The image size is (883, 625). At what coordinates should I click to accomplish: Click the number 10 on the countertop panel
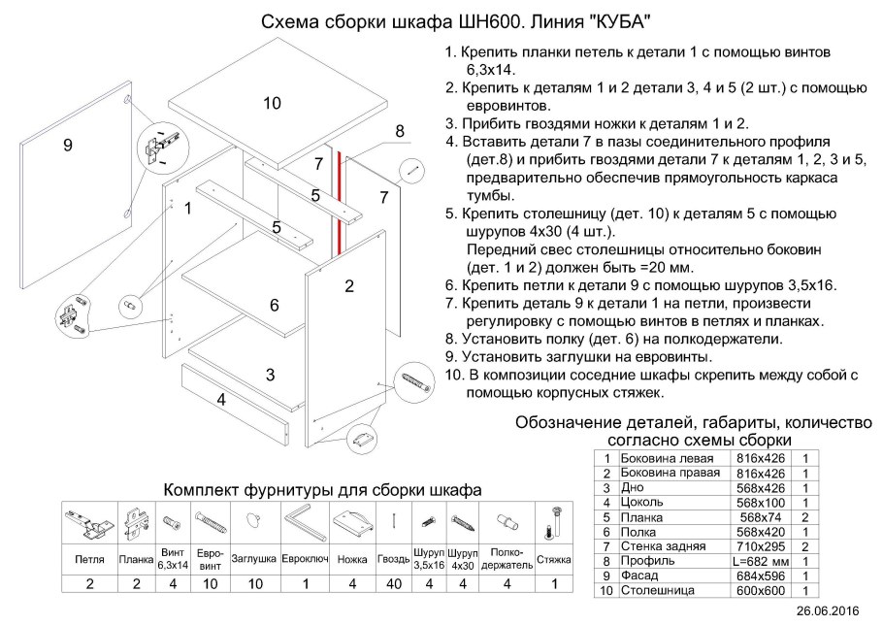[x=272, y=103]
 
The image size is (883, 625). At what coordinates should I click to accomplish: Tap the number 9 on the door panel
[x=68, y=146]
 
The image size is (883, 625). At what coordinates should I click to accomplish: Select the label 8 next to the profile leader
[x=399, y=132]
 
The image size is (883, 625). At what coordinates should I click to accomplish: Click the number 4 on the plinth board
[x=221, y=399]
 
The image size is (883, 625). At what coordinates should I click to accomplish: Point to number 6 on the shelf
[x=275, y=305]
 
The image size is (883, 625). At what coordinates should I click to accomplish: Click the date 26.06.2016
[x=828, y=611]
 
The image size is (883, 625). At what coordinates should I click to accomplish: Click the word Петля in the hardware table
[x=89, y=559]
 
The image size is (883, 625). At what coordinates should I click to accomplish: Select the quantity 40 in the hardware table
[x=394, y=583]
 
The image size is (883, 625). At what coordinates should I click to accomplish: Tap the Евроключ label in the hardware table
[x=307, y=559]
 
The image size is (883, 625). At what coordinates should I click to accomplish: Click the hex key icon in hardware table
[x=307, y=524]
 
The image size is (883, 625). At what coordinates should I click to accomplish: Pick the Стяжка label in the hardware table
[x=553, y=559]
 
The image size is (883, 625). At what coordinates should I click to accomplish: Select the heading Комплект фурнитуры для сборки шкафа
[x=321, y=489]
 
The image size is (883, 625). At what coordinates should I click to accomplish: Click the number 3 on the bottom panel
[x=272, y=374]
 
